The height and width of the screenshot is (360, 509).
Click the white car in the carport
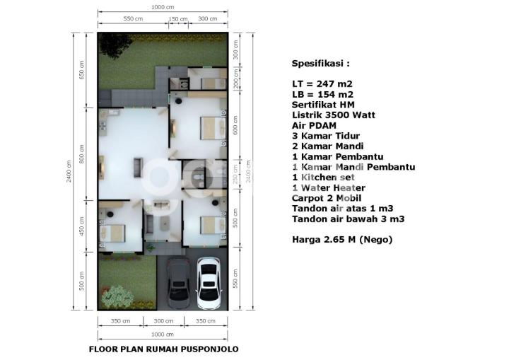point(209,283)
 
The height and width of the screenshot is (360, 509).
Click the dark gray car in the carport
point(178,284)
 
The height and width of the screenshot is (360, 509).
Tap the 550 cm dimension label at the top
point(133,19)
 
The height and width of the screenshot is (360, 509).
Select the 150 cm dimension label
point(178,19)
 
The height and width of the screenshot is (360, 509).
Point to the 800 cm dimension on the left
point(81,154)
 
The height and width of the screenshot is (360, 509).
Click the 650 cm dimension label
point(81,70)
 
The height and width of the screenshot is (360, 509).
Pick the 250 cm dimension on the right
point(235,174)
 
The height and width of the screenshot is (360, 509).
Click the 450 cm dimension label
point(81,226)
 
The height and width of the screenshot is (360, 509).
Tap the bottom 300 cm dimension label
point(163,321)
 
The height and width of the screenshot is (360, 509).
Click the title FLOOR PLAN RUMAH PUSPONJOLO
point(164,349)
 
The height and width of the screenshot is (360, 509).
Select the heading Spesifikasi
point(321,64)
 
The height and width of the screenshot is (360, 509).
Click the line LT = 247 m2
point(322,84)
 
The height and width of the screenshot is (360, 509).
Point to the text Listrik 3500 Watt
point(334,115)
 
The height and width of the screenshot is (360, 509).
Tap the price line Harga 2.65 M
point(342,240)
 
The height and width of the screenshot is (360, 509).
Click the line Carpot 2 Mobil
point(327,198)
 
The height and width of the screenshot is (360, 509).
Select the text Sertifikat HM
point(323,105)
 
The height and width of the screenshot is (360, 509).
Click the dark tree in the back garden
point(115,45)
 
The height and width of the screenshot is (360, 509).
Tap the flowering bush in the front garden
point(117,297)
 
